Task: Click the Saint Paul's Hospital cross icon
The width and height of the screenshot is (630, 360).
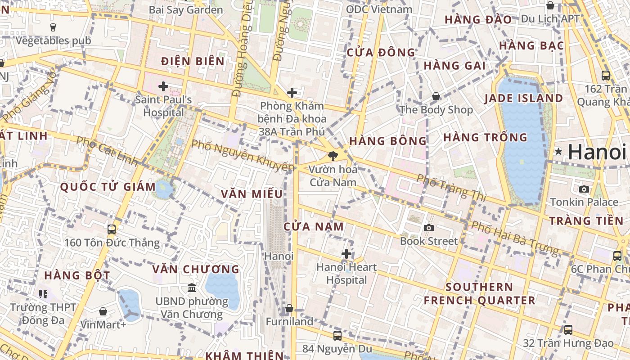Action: (163, 86)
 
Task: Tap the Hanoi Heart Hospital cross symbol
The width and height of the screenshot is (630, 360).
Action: (346, 254)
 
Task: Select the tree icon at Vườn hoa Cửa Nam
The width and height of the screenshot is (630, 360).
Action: (333, 156)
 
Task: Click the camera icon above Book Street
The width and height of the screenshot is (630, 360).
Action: (429, 228)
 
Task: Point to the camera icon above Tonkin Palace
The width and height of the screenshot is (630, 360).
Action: (584, 189)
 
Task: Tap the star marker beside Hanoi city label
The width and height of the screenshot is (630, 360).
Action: (558, 152)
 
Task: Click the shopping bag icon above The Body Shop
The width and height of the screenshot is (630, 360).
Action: (436, 96)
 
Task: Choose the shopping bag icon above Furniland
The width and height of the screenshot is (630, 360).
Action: (289, 309)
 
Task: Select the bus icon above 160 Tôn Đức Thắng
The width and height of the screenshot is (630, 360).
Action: (112, 229)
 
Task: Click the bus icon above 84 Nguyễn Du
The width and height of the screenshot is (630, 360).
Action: (337, 335)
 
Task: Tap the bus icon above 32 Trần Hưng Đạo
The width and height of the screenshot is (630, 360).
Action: (568, 330)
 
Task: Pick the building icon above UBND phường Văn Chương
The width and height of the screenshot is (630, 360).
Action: (192, 288)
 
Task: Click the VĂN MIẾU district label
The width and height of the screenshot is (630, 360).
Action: (252, 194)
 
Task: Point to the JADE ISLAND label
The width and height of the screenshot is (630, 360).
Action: (523, 99)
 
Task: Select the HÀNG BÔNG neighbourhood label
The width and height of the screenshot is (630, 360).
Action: (388, 141)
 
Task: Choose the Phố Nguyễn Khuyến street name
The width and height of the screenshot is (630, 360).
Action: (242, 156)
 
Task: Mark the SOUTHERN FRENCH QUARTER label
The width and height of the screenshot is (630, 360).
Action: (479, 294)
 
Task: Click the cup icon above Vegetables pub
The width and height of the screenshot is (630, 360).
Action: (53, 27)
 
